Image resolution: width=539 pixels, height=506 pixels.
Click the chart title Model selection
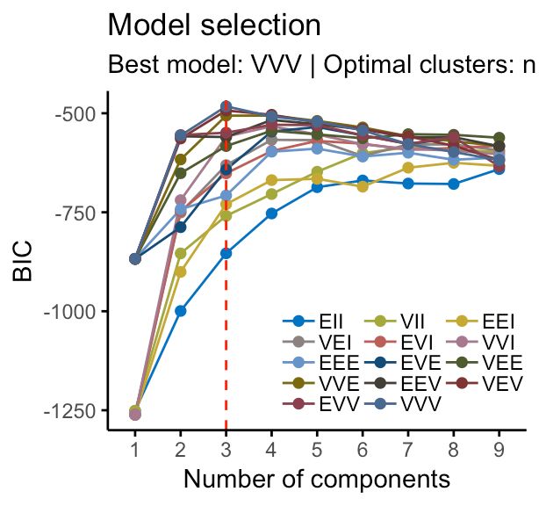point(207,25)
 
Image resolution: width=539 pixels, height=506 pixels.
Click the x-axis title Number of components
point(317,479)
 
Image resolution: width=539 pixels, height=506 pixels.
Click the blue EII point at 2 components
point(180,310)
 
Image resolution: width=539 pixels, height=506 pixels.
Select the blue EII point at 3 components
point(226,253)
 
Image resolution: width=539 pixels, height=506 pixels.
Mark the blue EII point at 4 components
point(271,213)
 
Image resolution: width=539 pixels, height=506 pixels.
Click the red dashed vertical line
point(226,351)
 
